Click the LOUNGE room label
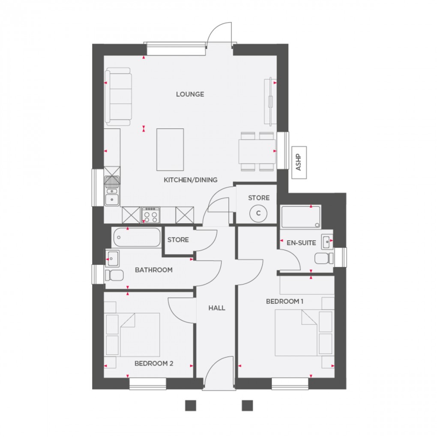pyautogui.click(x=190, y=94)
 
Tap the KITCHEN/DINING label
pyautogui.click(x=191, y=180)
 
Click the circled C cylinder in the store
pyautogui.click(x=258, y=213)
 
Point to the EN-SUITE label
pyautogui.click(x=301, y=243)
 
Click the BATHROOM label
pyautogui.click(x=153, y=270)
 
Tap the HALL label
pyautogui.click(x=216, y=308)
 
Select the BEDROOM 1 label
pyautogui.click(x=284, y=302)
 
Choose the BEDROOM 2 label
pyautogui.click(x=154, y=363)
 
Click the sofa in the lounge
pyautogui.click(x=118, y=96)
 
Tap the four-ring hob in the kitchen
pyautogui.click(x=151, y=215)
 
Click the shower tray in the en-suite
pyautogui.click(x=301, y=216)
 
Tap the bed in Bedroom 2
pyautogui.click(x=139, y=335)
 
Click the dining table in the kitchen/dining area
pyautogui.click(x=257, y=151)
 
